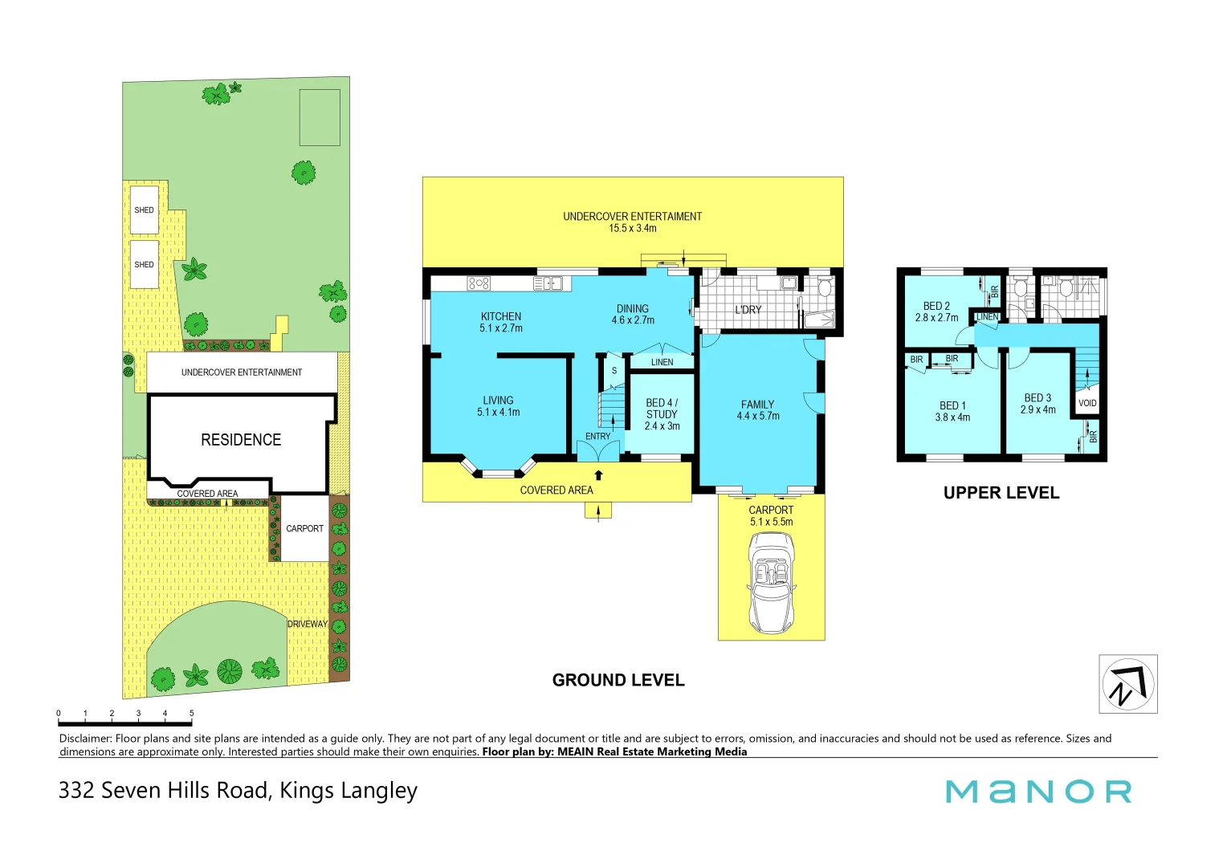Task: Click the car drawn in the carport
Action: tap(771, 583)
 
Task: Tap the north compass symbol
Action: tap(1127, 684)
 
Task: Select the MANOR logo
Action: tap(1038, 792)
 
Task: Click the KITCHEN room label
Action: tap(501, 316)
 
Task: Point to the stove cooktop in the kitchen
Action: tap(479, 283)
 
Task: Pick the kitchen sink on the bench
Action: tap(548, 283)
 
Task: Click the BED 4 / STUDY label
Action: tap(662, 409)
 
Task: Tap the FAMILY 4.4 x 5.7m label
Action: tap(757, 410)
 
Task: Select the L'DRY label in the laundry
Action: tap(748, 310)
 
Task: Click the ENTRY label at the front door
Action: tap(597, 437)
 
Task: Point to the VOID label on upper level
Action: tap(1087, 403)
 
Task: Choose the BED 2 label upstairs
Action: tap(936, 306)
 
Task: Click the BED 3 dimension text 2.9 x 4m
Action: tap(1037, 409)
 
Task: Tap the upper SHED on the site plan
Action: tap(145, 210)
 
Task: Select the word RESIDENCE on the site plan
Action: tap(241, 440)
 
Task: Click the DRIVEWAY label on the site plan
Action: tap(308, 624)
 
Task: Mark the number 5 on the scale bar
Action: tap(191, 713)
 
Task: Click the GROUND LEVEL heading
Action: tap(618, 680)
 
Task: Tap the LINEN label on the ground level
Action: tap(662, 362)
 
